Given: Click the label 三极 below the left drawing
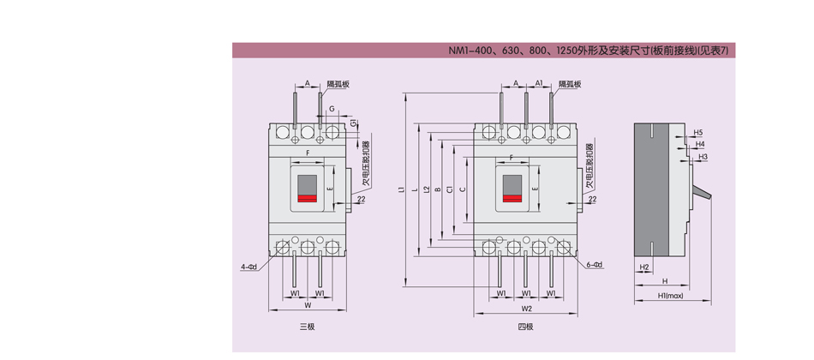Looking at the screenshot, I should (307, 327).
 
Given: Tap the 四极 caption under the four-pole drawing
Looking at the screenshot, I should (525, 327).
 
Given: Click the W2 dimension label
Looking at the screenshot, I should (526, 308).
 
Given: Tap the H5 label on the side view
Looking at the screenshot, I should (697, 133).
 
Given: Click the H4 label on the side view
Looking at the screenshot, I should (700, 145).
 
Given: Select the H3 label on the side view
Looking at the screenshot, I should (703, 157).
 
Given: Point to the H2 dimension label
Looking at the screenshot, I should (643, 267).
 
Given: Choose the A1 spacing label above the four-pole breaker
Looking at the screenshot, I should (538, 84).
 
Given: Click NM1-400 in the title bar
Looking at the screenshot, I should (470, 51).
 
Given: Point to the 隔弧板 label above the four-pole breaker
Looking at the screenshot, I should (570, 84).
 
